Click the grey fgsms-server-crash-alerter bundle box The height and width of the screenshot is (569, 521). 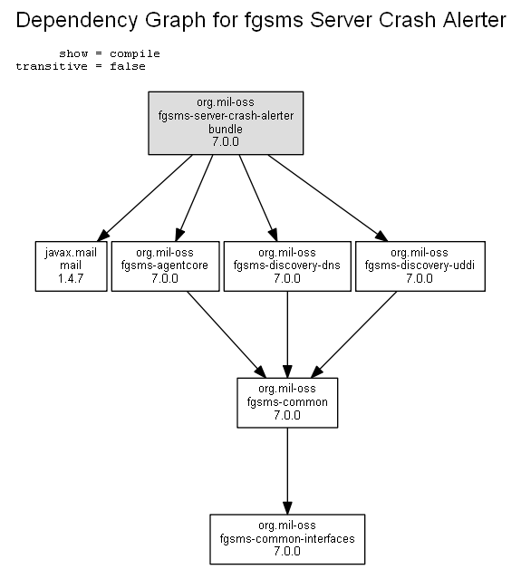click(x=226, y=123)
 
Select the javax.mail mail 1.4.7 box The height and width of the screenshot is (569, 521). click(x=71, y=266)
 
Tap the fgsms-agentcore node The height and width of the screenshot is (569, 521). click(x=166, y=266)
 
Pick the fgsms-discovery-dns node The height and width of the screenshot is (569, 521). click(x=287, y=266)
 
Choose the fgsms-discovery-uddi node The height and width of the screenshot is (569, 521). click(x=420, y=266)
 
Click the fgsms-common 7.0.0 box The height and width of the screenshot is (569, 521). click(x=287, y=403)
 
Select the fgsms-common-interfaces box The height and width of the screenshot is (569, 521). click(x=287, y=539)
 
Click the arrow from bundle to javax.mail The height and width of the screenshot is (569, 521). click(x=145, y=198)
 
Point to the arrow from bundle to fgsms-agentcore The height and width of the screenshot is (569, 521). click(x=194, y=198)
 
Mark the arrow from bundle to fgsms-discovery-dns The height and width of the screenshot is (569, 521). click(x=258, y=198)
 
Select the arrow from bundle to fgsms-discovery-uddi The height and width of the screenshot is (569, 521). click(x=328, y=198)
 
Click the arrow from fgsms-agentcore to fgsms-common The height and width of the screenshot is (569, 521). click(x=227, y=334)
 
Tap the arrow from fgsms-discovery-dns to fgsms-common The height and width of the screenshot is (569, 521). click(x=287, y=334)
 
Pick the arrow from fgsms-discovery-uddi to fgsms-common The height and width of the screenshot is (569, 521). click(x=353, y=334)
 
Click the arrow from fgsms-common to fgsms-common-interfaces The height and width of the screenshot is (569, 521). click(x=287, y=471)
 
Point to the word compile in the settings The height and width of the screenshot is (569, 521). click(x=135, y=53)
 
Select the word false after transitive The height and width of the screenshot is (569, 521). click(x=128, y=66)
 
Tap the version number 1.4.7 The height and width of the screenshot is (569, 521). click(x=71, y=279)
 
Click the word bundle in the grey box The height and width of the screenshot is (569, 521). click(x=226, y=130)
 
